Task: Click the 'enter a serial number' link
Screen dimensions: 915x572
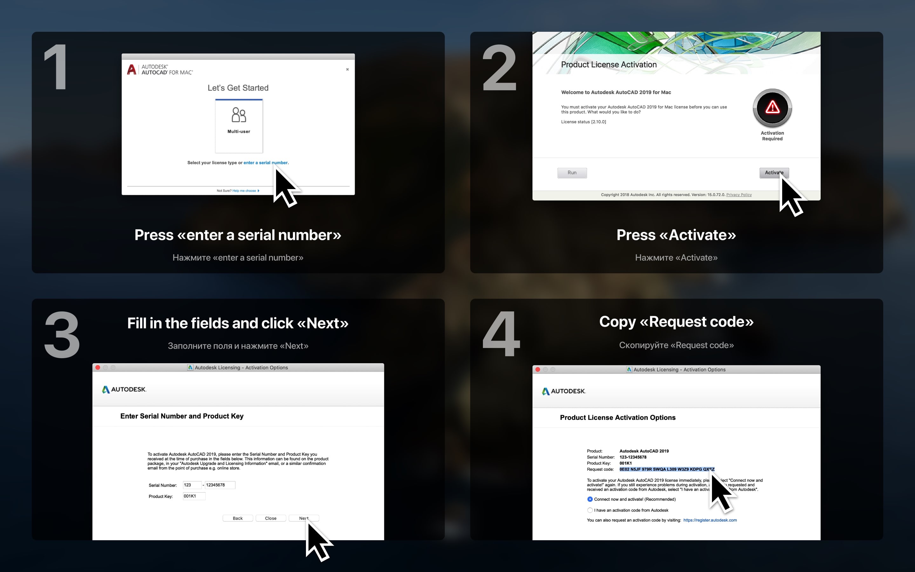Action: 265,163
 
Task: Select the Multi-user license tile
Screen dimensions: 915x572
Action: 239,126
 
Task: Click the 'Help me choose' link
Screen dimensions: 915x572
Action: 244,191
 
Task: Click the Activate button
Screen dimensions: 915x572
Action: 774,173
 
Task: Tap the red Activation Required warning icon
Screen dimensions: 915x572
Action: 772,108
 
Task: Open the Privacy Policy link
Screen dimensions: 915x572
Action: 739,195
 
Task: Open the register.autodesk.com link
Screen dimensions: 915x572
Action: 710,520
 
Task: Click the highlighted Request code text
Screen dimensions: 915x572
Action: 667,469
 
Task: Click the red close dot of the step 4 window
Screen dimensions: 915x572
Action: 538,370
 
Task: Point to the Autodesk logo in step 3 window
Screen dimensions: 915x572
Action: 124,389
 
